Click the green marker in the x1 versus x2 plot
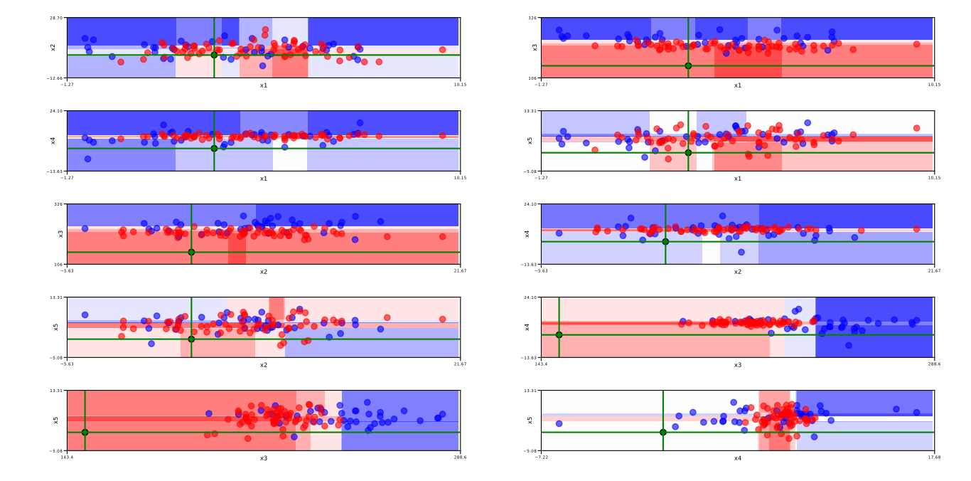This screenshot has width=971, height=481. tap(214, 55)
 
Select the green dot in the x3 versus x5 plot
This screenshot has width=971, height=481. tap(85, 432)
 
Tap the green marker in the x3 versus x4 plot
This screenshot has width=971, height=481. tap(559, 334)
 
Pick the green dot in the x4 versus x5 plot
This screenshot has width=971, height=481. tap(663, 432)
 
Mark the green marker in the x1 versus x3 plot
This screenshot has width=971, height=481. tap(688, 65)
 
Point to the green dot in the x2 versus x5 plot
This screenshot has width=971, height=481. tap(191, 339)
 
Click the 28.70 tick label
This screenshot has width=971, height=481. tap(55, 18)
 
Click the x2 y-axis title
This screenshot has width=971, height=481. tap(53, 47)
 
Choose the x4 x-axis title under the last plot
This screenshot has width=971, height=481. tap(737, 458)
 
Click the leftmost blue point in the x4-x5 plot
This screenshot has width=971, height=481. tap(559, 423)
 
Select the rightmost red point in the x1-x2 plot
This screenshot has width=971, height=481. tap(442, 50)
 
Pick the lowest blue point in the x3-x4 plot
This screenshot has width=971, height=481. tap(848, 345)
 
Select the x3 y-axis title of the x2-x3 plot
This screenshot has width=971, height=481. tap(60, 233)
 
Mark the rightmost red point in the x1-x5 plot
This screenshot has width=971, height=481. tap(916, 128)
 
